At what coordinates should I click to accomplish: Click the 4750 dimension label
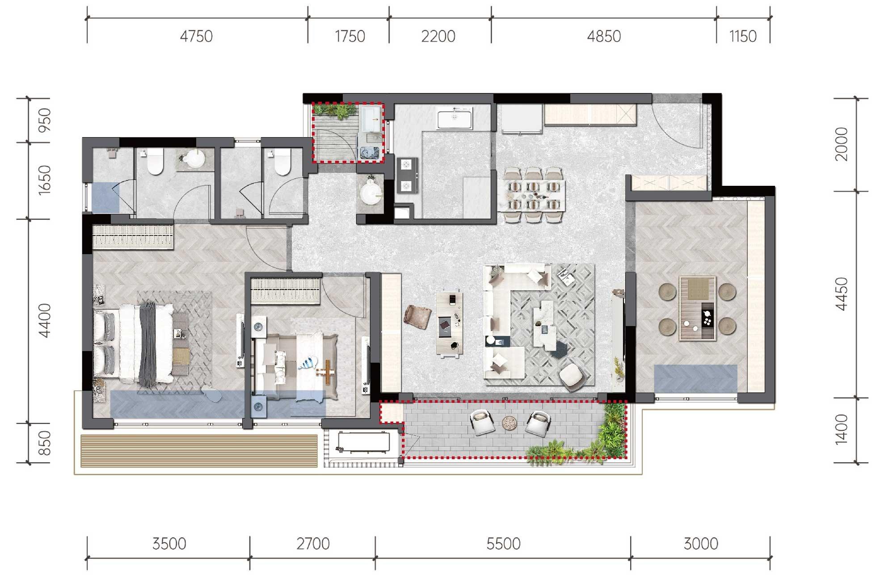coord(196,36)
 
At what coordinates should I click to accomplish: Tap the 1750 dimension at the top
coord(350,36)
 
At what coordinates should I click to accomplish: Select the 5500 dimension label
coord(503,544)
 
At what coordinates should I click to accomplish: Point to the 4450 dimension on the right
coord(842,294)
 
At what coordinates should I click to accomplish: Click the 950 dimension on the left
coord(45,120)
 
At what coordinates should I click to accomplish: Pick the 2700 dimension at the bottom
coord(313,544)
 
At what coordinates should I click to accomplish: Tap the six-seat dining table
coord(535,195)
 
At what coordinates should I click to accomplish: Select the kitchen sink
coord(455,118)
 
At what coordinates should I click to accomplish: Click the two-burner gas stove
coord(407,175)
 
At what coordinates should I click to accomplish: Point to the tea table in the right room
coord(697,309)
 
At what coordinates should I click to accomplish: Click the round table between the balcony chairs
coord(509,423)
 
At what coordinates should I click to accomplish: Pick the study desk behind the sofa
coord(450,323)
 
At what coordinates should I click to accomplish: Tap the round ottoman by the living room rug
coord(572,375)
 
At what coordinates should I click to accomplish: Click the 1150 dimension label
coord(743,36)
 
